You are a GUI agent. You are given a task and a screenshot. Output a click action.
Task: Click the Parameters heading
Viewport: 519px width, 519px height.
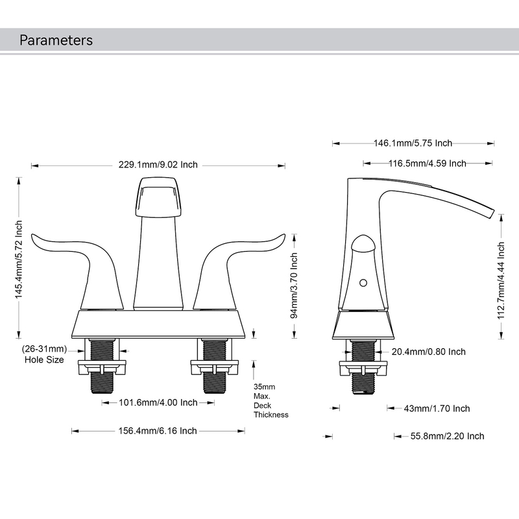[x=56, y=40]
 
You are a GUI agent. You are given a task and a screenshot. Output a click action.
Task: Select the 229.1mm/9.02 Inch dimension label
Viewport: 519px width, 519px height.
[x=158, y=165]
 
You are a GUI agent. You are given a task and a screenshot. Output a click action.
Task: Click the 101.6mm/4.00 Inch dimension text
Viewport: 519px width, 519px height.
[x=158, y=403]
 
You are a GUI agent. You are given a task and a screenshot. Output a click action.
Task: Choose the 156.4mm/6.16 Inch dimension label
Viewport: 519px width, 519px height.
[x=158, y=431]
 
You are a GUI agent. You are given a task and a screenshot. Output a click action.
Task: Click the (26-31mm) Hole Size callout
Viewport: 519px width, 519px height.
[x=44, y=354]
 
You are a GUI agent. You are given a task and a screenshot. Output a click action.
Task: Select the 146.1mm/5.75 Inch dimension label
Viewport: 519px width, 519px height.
[x=413, y=143]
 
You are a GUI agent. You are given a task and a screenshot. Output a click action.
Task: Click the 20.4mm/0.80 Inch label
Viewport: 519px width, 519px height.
[x=428, y=352]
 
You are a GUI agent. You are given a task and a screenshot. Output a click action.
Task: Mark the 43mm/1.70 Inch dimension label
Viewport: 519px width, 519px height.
[x=437, y=409]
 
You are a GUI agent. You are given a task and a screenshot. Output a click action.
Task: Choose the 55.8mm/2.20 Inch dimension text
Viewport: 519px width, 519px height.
[x=447, y=436]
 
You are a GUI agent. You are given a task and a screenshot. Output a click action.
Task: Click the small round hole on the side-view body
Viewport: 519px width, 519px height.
[x=363, y=283]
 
